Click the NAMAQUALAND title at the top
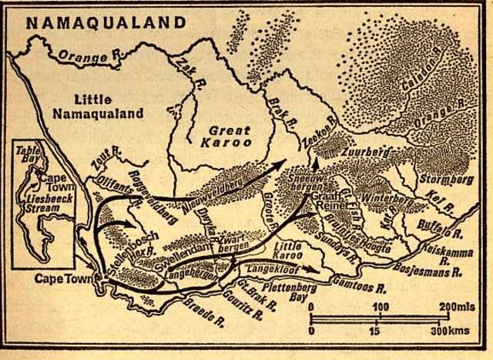point(97,22)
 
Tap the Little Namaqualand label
point(109,107)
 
